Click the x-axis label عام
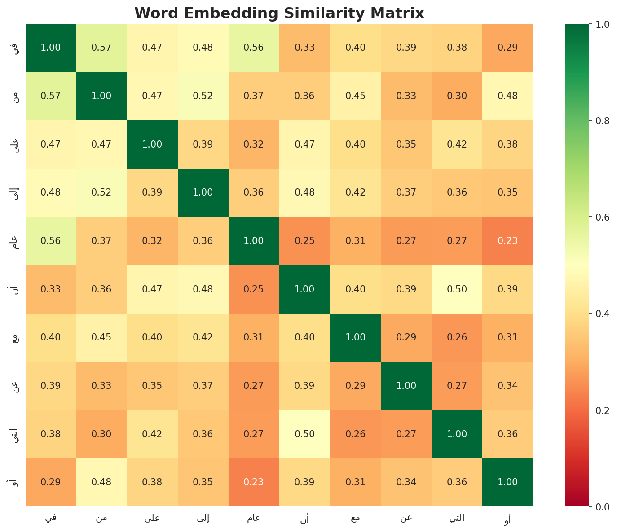pos(254,518)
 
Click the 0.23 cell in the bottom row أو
pos(254,482)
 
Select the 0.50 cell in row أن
pos(457,289)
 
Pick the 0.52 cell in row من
pos(203,96)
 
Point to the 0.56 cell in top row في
pos(254,48)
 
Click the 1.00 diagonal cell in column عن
pos(406,386)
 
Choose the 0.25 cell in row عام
pos(304,241)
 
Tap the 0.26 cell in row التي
pos(355,434)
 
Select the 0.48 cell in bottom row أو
pos(101,482)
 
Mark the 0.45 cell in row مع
pos(101,337)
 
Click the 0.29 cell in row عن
pos(355,386)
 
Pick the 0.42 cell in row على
pos(457,144)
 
